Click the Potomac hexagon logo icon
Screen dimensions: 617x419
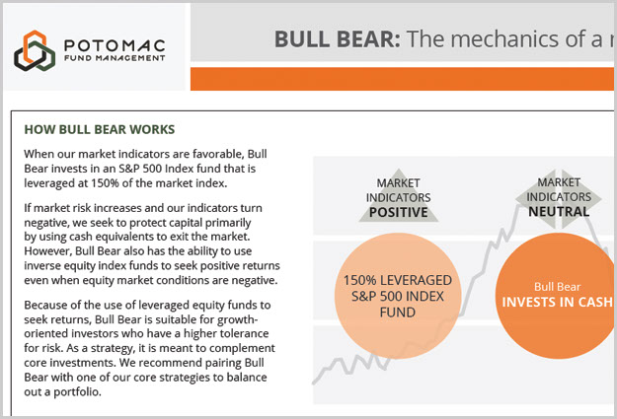point(35,50)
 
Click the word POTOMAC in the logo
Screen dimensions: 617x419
point(115,45)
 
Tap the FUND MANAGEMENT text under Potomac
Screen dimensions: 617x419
point(115,58)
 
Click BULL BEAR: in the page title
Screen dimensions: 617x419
point(338,38)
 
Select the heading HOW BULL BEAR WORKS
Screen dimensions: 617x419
point(100,129)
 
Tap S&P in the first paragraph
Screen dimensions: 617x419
point(128,169)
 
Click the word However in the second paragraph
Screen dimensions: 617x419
point(47,250)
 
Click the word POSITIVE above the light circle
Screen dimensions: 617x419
point(398,212)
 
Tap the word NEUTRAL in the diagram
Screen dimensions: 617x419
point(559,211)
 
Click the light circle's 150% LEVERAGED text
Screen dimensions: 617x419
point(398,280)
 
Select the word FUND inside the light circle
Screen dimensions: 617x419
point(398,313)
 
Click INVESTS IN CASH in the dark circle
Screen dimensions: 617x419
point(557,302)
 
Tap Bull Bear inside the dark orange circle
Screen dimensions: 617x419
point(557,287)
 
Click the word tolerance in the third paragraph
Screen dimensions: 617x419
point(246,333)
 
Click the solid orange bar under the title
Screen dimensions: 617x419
point(402,79)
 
